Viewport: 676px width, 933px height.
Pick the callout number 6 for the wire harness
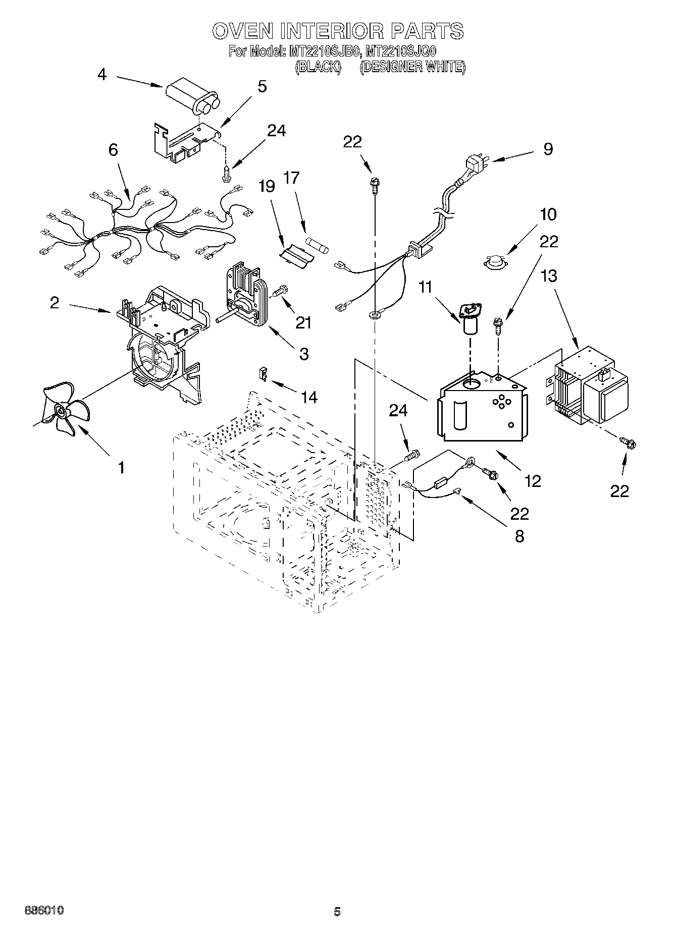click(x=113, y=150)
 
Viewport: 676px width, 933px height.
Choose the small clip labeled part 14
click(x=263, y=374)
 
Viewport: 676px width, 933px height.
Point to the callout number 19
click(x=267, y=186)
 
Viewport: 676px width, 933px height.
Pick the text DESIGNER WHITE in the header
click(x=412, y=67)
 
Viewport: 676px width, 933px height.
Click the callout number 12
click(x=533, y=481)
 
